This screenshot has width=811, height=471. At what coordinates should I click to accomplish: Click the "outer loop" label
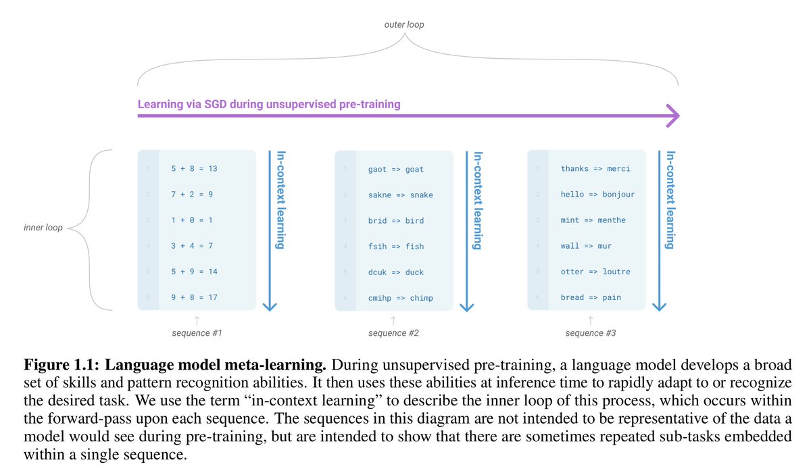tap(405, 25)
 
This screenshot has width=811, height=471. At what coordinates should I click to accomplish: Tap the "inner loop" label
tap(43, 228)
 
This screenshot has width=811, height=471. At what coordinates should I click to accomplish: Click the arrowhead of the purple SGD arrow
tap(672, 116)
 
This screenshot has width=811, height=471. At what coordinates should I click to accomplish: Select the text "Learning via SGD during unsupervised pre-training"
tap(269, 104)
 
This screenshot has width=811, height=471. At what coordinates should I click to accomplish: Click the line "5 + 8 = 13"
tap(194, 168)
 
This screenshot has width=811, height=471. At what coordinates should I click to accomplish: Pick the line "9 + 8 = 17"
tap(194, 297)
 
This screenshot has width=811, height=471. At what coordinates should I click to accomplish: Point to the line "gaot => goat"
tap(396, 169)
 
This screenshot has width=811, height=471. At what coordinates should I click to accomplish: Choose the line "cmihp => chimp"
tap(401, 298)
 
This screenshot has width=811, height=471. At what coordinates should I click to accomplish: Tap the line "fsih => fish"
tap(396, 247)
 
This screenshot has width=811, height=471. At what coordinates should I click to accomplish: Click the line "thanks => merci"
tap(595, 168)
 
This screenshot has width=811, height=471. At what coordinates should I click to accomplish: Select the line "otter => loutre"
tap(595, 272)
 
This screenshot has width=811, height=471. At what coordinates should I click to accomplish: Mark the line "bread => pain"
tap(590, 297)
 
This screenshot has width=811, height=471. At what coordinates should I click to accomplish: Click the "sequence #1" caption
tap(197, 333)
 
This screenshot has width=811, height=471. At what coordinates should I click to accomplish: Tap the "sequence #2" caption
tap(394, 333)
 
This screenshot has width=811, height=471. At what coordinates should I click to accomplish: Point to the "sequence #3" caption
tap(591, 333)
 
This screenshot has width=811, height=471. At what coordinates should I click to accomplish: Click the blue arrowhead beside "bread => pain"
tap(660, 305)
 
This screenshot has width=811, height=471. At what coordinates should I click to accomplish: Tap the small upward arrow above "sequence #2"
tap(393, 319)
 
